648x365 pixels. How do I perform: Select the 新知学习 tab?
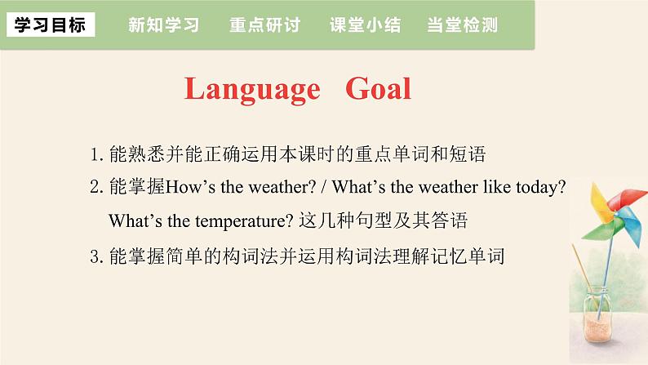(163, 24)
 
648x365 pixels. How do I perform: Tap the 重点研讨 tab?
(265, 24)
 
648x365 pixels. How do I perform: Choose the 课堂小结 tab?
(365, 24)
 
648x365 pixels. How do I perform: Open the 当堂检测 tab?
(462, 24)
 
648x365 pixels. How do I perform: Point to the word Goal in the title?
(378, 89)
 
